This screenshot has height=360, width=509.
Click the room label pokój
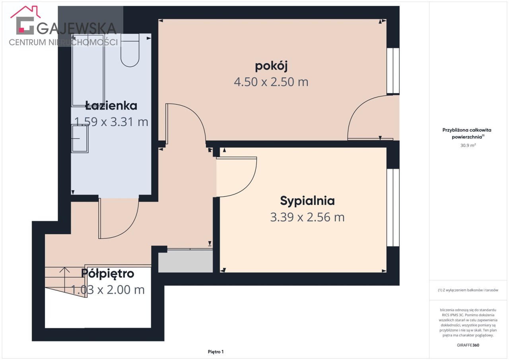(x=271, y=66)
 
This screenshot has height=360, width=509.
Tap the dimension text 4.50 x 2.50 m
(x=271, y=82)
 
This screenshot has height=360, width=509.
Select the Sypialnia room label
(x=307, y=201)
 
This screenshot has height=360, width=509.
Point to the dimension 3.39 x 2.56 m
(x=307, y=217)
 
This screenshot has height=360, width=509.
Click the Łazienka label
(x=111, y=106)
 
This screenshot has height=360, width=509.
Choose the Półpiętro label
(x=108, y=274)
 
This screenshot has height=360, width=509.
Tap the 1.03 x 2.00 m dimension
(x=108, y=290)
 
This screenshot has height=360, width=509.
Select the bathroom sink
(x=80, y=138)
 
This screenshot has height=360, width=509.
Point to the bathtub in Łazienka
(x=88, y=70)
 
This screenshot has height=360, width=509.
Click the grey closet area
(x=185, y=261)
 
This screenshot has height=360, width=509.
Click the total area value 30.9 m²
(x=468, y=145)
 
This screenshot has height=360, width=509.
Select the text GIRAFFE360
(x=468, y=345)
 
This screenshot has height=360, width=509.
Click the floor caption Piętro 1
(x=216, y=352)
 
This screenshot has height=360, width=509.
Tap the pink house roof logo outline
(x=25, y=12)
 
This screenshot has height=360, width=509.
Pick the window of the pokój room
(x=393, y=71)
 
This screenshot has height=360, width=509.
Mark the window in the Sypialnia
(x=393, y=207)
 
